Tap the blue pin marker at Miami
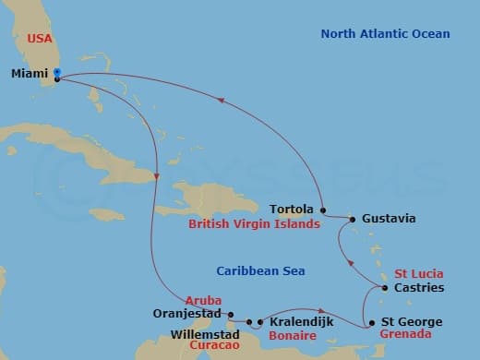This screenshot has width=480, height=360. pyautogui.click(x=57, y=73)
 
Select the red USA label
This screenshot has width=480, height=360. pyautogui.click(x=40, y=38)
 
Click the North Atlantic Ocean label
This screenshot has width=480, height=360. pyautogui.click(x=385, y=34)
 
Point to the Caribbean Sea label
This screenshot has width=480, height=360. pyautogui.click(x=260, y=270)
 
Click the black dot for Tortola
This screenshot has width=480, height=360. pyautogui.click(x=321, y=209)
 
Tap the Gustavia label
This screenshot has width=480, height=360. pyautogui.click(x=389, y=219)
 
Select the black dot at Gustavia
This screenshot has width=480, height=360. pyautogui.click(x=352, y=219)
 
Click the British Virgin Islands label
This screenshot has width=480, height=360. pyautogui.click(x=253, y=223)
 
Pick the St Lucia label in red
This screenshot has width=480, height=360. pyautogui.click(x=419, y=274)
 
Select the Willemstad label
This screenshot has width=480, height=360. pyautogui.click(x=210, y=334)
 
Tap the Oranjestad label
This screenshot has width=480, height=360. pyautogui.click(x=189, y=313)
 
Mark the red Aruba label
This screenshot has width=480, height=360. pyautogui.click(x=204, y=301)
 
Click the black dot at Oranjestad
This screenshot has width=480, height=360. pyautogui.click(x=231, y=313)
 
